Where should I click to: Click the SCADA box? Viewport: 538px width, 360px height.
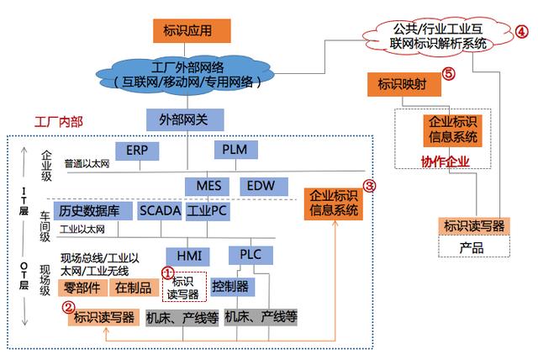click(160, 210)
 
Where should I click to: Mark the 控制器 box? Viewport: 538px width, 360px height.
click(230, 287)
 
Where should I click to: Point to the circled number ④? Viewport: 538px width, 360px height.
click(521, 32)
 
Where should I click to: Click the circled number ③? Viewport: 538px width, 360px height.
click(368, 185)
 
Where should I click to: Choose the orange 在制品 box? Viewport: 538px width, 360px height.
click(133, 288)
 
